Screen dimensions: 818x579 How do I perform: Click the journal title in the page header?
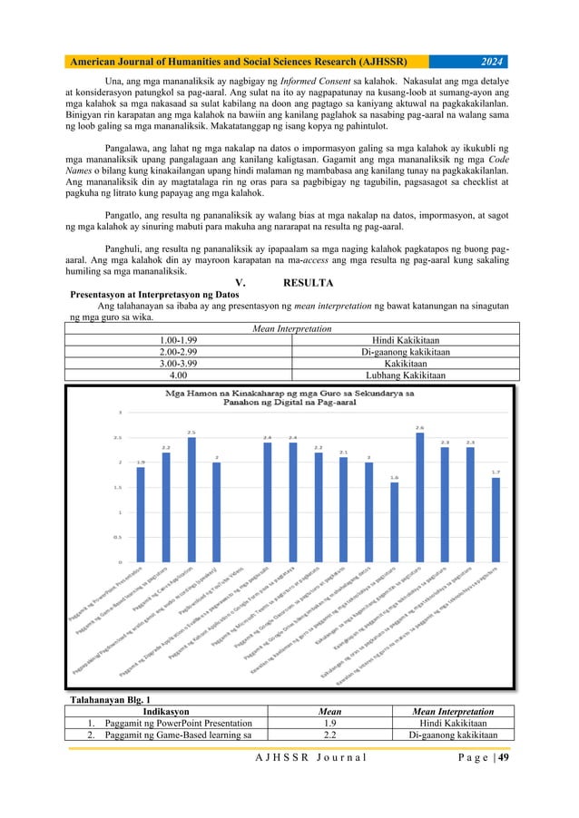click(236, 62)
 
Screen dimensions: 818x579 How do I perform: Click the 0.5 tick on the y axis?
click(118, 536)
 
